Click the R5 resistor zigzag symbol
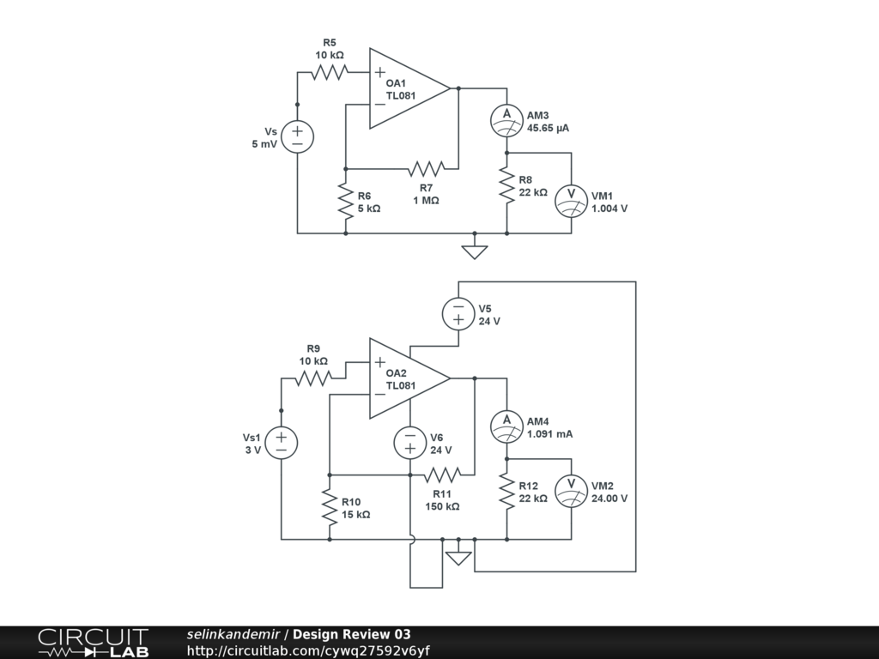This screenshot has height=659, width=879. click(x=330, y=72)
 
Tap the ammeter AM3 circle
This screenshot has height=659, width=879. click(x=506, y=120)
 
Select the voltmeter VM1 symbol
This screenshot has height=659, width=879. click(x=571, y=201)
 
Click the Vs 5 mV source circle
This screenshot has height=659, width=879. click(x=297, y=136)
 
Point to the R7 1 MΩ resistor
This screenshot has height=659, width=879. click(x=427, y=169)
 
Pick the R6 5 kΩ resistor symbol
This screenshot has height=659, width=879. click(x=346, y=201)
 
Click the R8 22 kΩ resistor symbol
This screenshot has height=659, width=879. click(x=506, y=185)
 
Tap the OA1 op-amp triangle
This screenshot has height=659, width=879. click(x=409, y=88)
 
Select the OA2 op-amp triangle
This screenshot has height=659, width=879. click(x=409, y=378)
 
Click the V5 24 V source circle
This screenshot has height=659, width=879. click(x=458, y=314)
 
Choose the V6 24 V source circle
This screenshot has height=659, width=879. click(x=410, y=443)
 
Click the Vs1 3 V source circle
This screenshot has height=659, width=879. click(x=281, y=443)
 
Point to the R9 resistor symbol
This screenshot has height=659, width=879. click(x=313, y=378)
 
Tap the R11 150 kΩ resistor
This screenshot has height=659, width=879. click(x=442, y=475)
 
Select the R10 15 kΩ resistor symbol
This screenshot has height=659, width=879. click(x=330, y=507)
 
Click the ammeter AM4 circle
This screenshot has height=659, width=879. click(x=506, y=426)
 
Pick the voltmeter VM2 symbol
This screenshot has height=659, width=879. click(x=571, y=491)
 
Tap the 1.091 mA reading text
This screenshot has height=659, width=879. click(x=550, y=433)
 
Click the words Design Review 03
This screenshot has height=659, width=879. click(x=351, y=634)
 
